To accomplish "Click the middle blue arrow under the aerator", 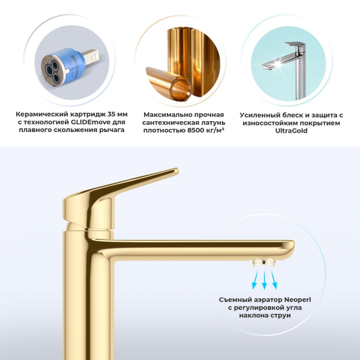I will coord(263,280).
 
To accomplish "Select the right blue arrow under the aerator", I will coord(275,278).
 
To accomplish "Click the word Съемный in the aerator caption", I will coord(235,298).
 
